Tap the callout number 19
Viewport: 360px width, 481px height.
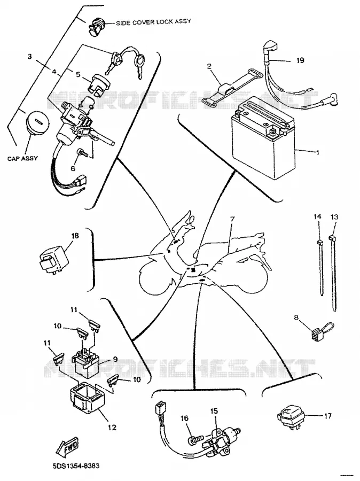tap(301, 60)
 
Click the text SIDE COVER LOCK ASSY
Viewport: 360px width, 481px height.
tap(153, 22)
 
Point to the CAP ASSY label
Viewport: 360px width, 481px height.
tap(22, 158)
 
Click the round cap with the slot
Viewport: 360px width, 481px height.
tap(36, 123)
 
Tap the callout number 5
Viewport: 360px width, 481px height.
tap(77, 74)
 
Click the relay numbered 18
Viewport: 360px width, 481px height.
tap(54, 260)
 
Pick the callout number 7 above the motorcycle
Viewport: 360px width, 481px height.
tap(232, 219)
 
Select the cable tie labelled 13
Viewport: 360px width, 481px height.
tap(333, 273)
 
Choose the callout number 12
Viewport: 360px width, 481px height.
tap(112, 427)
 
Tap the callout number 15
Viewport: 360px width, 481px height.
tap(214, 410)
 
